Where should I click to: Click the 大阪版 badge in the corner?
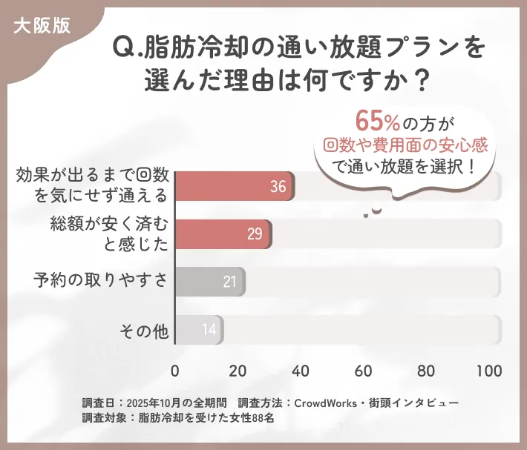(42, 24)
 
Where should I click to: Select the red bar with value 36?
(235, 187)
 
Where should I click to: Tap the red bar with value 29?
(223, 234)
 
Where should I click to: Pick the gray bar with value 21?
(209, 282)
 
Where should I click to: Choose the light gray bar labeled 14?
(199, 329)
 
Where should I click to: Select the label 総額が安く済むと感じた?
(110, 233)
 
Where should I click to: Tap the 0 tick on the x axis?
(175, 371)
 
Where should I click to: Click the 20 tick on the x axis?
(238, 371)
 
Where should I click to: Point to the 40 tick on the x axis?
(301, 371)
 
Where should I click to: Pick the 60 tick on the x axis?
(364, 371)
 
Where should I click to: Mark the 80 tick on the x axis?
(426, 371)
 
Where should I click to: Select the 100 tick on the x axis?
(489, 371)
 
